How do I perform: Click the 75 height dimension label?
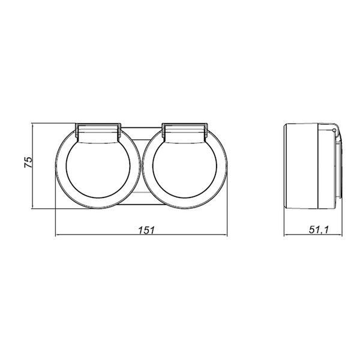[x=28, y=162]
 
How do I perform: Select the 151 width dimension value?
[x=147, y=230]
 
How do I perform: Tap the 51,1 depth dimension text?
[x=319, y=230]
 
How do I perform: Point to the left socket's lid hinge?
[x=98, y=131]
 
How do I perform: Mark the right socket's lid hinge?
[x=185, y=131]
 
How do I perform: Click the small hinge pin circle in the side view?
[x=334, y=130]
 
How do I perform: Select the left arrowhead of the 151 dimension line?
[x=58, y=235]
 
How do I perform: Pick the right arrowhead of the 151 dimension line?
[x=225, y=235]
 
